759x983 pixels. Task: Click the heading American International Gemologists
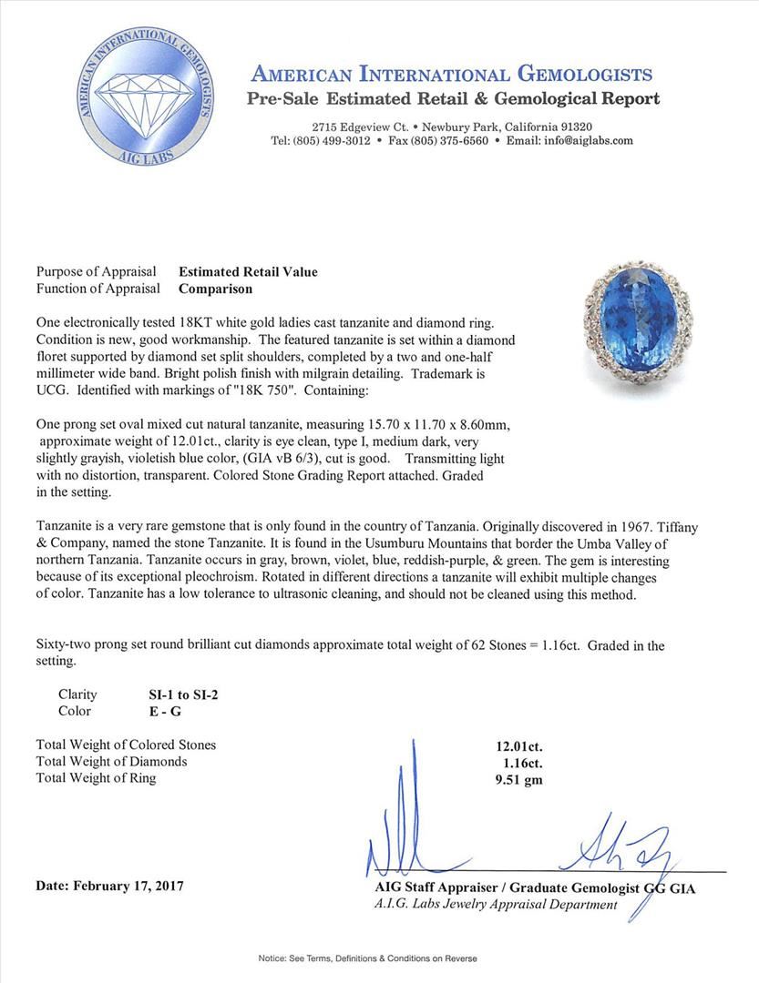click(x=451, y=75)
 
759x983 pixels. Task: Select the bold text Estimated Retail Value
click(x=248, y=271)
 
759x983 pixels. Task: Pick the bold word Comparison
click(x=215, y=289)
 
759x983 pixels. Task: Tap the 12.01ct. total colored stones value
click(x=518, y=745)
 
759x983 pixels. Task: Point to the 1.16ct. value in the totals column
click(x=521, y=761)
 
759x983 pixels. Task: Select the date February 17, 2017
click(x=109, y=885)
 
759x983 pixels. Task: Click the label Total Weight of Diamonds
click(x=111, y=761)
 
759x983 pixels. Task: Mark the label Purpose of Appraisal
click(x=95, y=271)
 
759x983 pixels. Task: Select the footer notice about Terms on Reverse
click(x=380, y=958)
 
